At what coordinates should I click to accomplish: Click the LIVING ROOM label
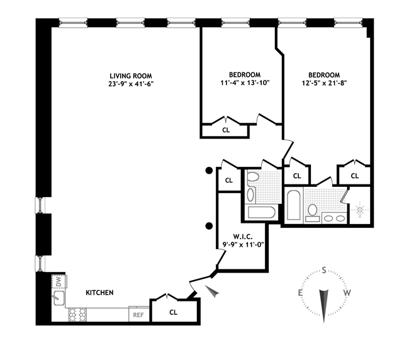(x=131, y=76)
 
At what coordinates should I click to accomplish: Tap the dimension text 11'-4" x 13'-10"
(x=245, y=83)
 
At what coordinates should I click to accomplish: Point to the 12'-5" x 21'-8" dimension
(x=324, y=83)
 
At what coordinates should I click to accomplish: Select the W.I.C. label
(x=243, y=237)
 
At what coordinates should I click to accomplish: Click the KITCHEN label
(x=99, y=293)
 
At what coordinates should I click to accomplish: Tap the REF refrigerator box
(x=138, y=315)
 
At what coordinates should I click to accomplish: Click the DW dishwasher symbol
(x=59, y=282)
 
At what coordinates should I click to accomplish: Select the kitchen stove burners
(x=77, y=315)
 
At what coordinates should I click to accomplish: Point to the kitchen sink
(x=59, y=298)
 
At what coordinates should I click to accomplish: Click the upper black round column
(x=209, y=171)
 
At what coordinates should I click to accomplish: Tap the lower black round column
(x=209, y=226)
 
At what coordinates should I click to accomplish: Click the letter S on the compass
(x=324, y=270)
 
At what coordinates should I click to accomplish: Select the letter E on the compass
(x=300, y=293)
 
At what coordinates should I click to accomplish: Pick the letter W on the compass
(x=347, y=293)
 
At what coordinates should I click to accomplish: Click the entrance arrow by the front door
(x=212, y=291)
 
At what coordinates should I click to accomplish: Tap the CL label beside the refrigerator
(x=174, y=312)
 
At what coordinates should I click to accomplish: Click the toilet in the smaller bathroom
(x=253, y=176)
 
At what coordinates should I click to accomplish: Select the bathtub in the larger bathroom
(x=294, y=205)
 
